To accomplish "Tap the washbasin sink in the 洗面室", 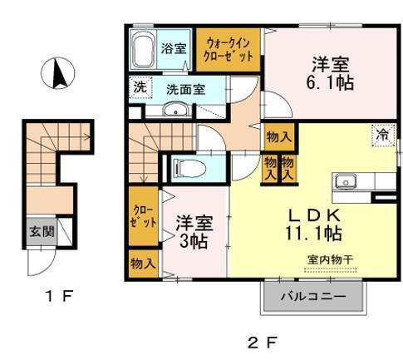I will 175,112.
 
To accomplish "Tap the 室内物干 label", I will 329,259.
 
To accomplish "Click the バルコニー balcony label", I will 313,297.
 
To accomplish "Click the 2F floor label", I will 261,341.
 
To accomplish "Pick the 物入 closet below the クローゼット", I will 143,264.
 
